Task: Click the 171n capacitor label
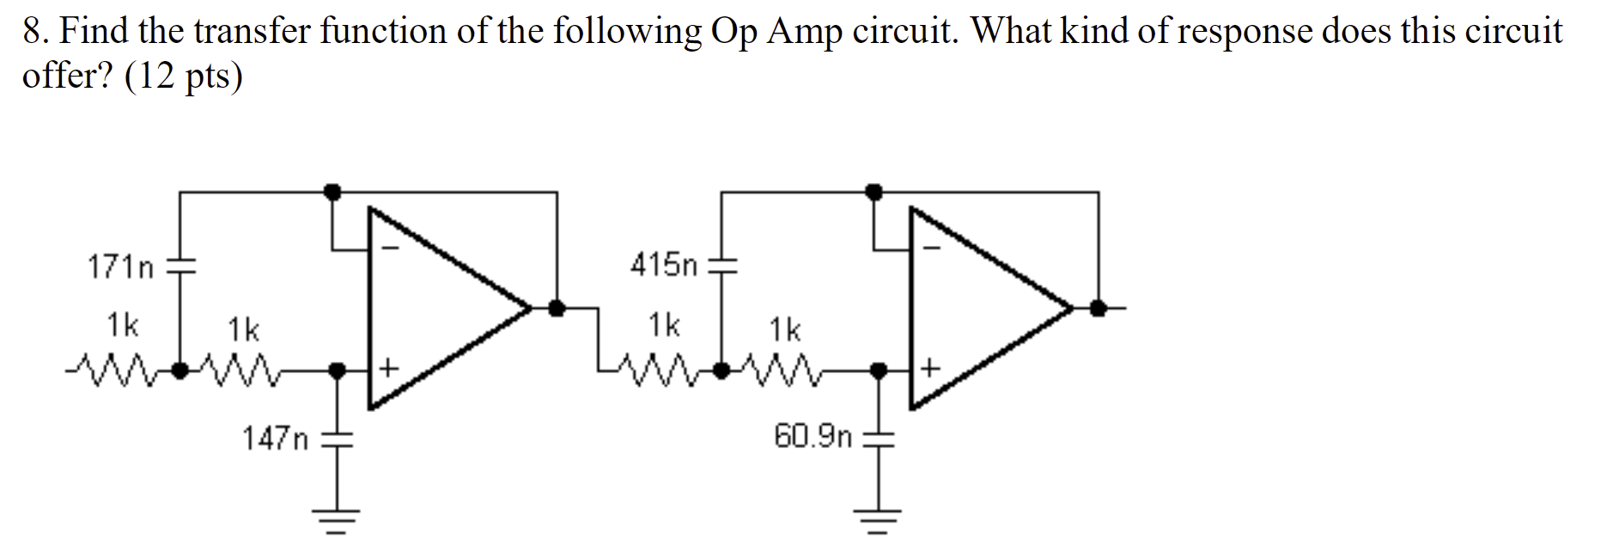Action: point(120,268)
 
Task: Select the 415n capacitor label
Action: point(664,265)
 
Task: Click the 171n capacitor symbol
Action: point(180,266)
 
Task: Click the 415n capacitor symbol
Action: point(721,265)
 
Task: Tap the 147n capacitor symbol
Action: point(338,439)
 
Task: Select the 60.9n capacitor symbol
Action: point(878,438)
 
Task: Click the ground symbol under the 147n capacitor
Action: point(338,518)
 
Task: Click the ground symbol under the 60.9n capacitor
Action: point(878,518)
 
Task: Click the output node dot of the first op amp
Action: point(557,307)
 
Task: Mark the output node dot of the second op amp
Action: point(1098,307)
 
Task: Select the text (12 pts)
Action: point(184,77)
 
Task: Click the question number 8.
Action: point(32,32)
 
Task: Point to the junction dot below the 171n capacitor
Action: point(180,371)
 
